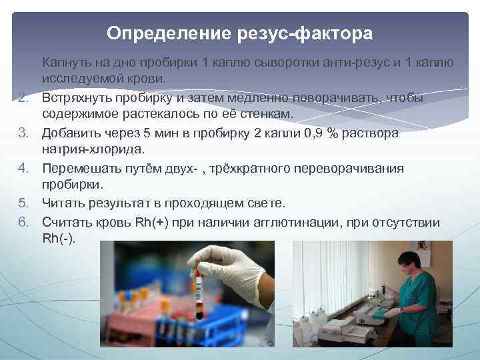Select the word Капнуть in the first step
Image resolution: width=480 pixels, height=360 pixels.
click(x=67, y=63)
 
